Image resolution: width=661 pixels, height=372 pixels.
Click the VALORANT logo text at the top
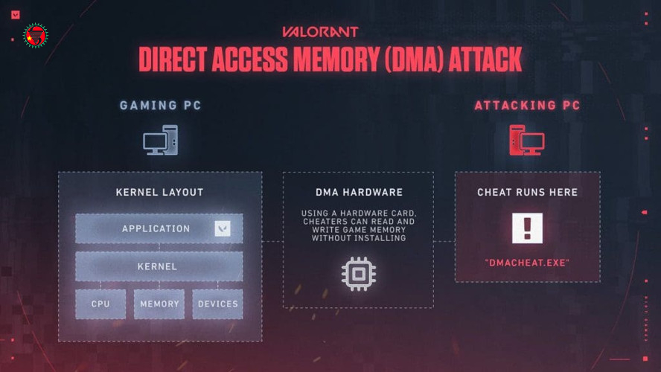click(x=320, y=32)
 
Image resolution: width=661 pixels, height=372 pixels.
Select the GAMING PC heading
click(x=160, y=106)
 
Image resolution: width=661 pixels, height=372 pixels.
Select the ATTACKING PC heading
click(x=527, y=106)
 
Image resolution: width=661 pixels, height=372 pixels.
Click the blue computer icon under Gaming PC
click(x=160, y=140)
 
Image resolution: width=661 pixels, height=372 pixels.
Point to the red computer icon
click(x=526, y=140)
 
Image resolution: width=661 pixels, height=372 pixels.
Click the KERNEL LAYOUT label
click(x=159, y=193)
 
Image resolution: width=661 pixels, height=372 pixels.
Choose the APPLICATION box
click(x=156, y=228)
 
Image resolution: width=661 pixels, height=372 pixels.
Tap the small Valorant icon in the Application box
click(x=223, y=228)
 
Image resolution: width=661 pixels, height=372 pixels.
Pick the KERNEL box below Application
click(x=158, y=266)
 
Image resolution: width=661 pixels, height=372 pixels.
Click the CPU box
click(x=100, y=304)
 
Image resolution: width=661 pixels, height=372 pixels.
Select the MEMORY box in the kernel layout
click(x=159, y=304)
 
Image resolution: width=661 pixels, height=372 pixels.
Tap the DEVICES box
click(x=217, y=304)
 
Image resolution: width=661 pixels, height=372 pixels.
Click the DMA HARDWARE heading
click(x=358, y=193)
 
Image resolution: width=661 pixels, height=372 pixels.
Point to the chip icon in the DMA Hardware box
click(x=358, y=274)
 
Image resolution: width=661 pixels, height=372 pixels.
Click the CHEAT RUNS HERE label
click(x=527, y=193)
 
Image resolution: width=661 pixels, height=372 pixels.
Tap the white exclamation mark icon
click(x=527, y=228)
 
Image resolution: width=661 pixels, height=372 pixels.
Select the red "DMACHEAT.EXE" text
click(x=527, y=263)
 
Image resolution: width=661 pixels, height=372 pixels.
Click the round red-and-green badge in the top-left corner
click(x=35, y=35)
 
